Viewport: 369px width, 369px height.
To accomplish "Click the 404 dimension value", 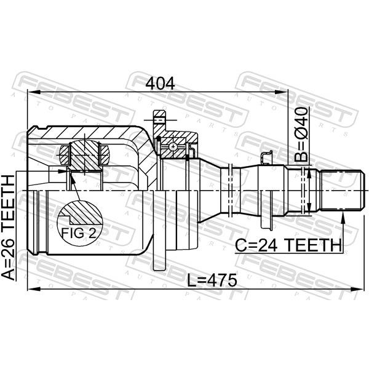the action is [x=160, y=83].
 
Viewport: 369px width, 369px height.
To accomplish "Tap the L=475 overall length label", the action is [x=212, y=280].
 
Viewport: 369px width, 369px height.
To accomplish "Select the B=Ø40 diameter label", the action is [x=301, y=135].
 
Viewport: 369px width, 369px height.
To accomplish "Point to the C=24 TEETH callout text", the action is [x=288, y=245].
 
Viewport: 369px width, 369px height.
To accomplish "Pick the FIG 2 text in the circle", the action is [x=79, y=234].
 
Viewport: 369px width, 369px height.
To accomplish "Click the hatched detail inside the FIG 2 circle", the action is [x=81, y=213].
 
